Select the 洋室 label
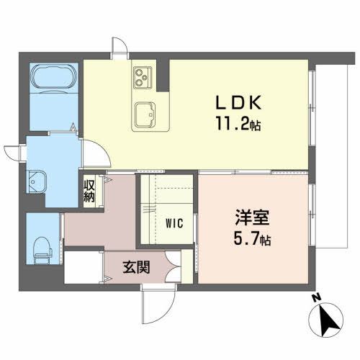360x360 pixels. [x=247, y=216]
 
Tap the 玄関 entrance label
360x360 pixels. [x=135, y=269]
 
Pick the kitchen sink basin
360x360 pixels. [x=149, y=114]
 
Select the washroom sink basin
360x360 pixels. [x=37, y=181]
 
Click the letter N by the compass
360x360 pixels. [x=315, y=297]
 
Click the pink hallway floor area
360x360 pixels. [x=101, y=223]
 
